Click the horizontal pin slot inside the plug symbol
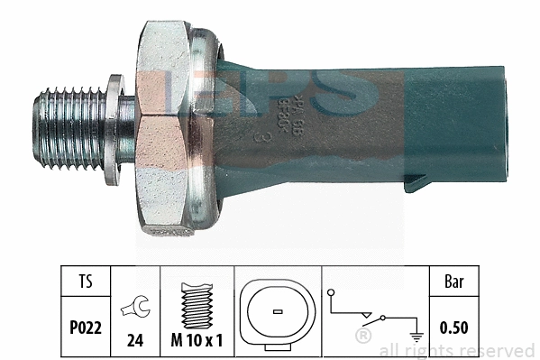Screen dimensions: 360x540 point(276,312)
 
